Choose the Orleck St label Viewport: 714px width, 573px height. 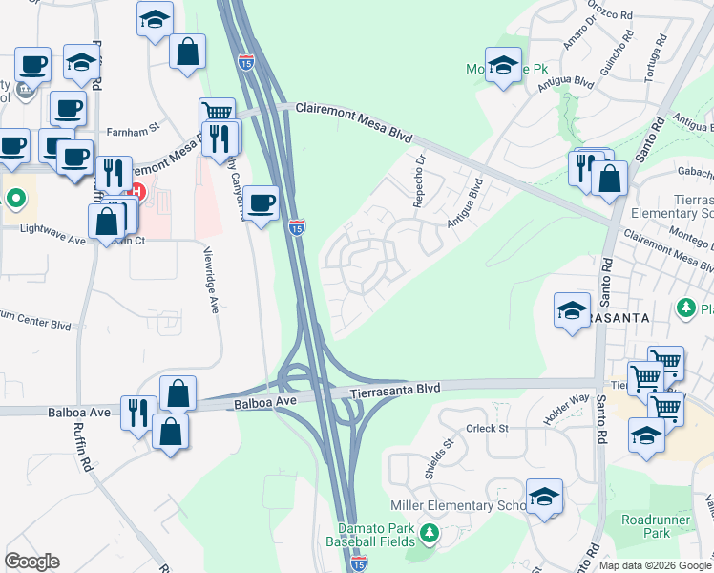click(x=489, y=429)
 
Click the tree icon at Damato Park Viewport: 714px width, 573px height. click(x=430, y=532)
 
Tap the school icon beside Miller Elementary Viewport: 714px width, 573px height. click(x=544, y=497)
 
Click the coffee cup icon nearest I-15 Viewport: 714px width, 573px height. click(x=262, y=202)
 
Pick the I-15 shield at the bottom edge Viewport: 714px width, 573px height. click(x=358, y=565)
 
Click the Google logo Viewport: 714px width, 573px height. click(x=31, y=562)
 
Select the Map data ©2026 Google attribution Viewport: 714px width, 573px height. click(x=654, y=565)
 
